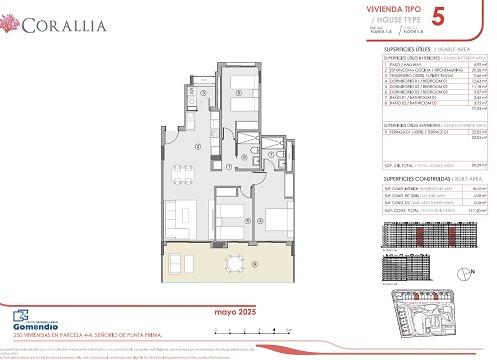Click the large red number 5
pyautogui.click(x=436, y=16)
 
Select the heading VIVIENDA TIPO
pyautogui.click(x=394, y=8)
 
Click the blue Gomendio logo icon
pyautogui.click(x=9, y=322)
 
